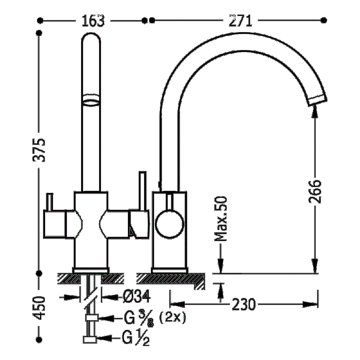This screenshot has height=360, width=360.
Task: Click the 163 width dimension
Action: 93,20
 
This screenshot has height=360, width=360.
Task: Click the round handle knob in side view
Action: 169,223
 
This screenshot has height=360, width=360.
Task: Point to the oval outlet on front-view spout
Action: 91,100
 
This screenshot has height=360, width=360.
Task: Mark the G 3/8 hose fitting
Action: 91,319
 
